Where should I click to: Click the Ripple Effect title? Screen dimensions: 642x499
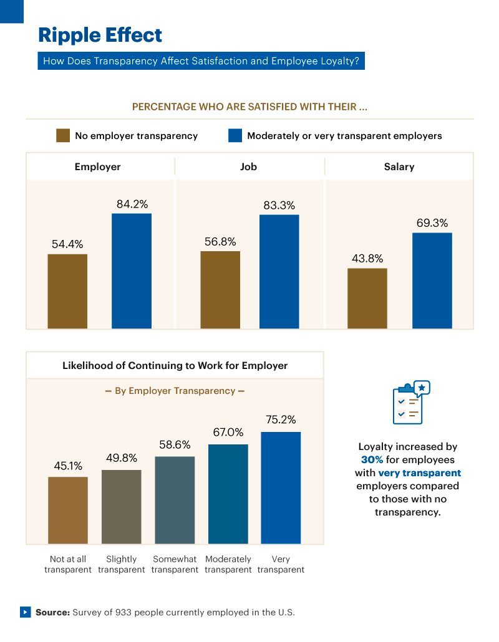tap(100, 35)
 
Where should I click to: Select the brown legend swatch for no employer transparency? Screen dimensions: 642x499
tap(63, 135)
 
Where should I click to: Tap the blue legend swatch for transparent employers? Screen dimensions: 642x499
tap(235, 135)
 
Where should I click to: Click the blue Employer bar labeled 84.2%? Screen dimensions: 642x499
tap(132, 271)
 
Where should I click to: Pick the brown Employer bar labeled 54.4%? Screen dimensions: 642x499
tap(67, 291)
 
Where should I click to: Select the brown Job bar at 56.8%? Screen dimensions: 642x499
tap(220, 290)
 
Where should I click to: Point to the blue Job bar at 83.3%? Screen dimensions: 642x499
tap(279, 271)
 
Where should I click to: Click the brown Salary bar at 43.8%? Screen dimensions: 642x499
tap(367, 298)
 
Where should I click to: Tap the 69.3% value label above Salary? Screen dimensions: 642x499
tap(432, 223)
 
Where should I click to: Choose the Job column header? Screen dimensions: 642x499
tap(248, 166)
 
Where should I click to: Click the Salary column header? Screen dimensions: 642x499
tap(399, 166)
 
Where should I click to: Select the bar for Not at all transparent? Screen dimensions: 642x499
tap(68, 510)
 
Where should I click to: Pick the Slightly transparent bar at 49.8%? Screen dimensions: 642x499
tap(122, 506)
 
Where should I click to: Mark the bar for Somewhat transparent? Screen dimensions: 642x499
tap(175, 500)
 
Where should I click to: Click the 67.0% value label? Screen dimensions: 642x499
tap(228, 432)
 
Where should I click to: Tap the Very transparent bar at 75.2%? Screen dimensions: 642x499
tap(281, 487)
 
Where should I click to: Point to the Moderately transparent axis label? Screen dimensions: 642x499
tap(228, 564)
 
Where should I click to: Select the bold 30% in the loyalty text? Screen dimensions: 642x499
tap(372, 459)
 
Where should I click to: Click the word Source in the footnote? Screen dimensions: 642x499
tap(52, 612)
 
